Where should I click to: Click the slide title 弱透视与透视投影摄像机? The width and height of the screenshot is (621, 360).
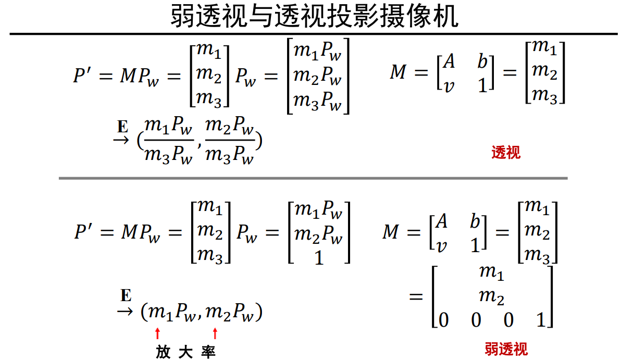[x=314, y=17]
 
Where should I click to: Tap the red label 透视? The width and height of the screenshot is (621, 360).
[x=505, y=153]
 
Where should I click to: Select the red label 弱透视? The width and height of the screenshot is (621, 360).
[x=506, y=349]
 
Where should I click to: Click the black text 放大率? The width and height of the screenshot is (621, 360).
[x=185, y=352]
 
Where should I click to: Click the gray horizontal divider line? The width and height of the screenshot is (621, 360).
[x=313, y=178]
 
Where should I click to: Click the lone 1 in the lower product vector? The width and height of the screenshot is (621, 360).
[x=319, y=257]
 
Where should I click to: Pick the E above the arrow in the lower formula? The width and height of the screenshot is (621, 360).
[x=126, y=296]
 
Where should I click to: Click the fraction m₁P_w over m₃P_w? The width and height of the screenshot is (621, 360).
[x=168, y=141]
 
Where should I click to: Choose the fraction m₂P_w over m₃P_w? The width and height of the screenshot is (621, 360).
[x=230, y=141]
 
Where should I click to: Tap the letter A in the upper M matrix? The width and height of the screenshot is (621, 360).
[x=449, y=61]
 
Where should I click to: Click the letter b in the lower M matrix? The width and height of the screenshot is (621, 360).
[x=475, y=221]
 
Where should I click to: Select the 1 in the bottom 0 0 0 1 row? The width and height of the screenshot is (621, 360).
[x=541, y=319]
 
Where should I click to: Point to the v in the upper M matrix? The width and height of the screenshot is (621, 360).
[x=448, y=85]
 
